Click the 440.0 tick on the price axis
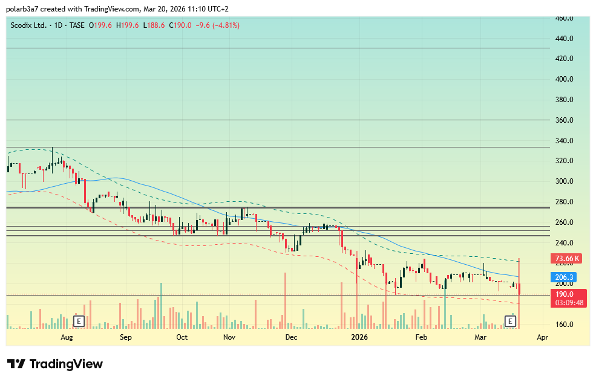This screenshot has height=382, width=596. [x=565, y=39]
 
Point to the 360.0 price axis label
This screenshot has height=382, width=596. [x=565, y=120]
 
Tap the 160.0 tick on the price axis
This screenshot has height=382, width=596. [x=565, y=325]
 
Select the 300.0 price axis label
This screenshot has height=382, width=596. [x=565, y=181]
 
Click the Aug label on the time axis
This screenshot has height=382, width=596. [x=67, y=337]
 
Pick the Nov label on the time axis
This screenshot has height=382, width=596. [x=229, y=337]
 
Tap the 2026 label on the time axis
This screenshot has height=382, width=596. [x=360, y=337]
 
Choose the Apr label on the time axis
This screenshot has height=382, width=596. [x=543, y=337]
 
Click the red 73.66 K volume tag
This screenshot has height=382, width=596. [x=567, y=259]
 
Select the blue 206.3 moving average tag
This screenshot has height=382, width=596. [x=565, y=277]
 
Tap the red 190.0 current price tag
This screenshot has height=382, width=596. [x=565, y=294]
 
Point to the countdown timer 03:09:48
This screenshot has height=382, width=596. [x=569, y=302]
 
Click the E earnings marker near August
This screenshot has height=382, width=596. [x=78, y=321]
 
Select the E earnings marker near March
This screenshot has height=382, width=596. [x=510, y=321]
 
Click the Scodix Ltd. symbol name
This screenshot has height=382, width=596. [x=30, y=25]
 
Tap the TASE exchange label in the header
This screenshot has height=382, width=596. [x=76, y=25]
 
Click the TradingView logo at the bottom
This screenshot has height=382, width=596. [x=55, y=364]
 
